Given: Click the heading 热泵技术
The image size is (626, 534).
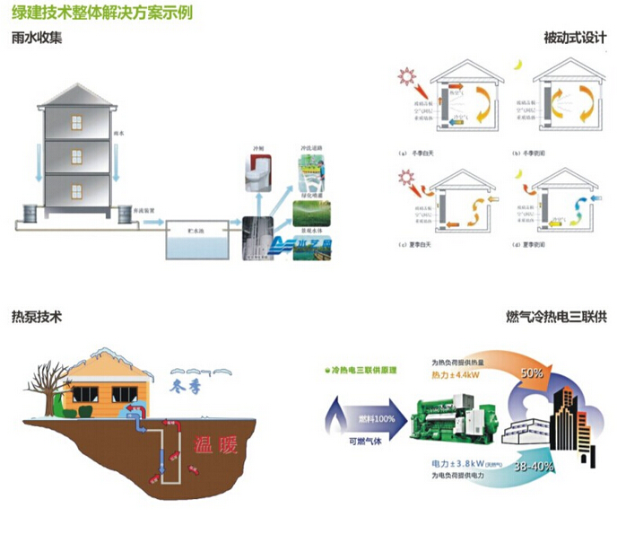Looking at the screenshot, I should [37, 317].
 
